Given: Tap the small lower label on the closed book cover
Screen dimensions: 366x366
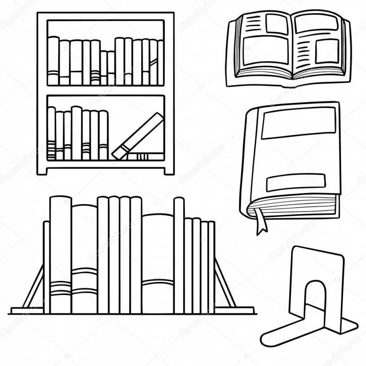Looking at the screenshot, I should coord(296,182).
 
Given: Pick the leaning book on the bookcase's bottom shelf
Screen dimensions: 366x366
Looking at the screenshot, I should coord(138,136).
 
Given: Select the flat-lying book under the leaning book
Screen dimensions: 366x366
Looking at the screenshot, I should coord(146,156).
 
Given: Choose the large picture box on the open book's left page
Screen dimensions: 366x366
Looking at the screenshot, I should coord(265,50).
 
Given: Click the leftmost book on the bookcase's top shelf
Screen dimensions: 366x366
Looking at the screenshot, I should coord(53,61).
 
